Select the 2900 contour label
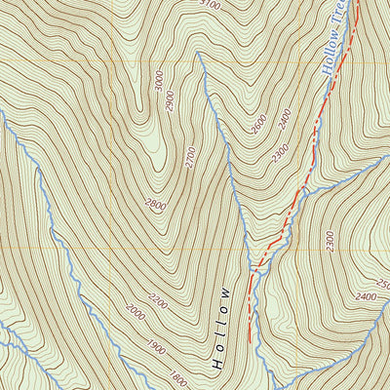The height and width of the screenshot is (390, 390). click(170, 99)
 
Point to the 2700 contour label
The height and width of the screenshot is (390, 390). click(190, 156)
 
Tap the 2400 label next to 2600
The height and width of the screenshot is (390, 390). click(284, 119)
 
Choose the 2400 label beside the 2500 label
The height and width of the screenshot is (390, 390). click(365, 295)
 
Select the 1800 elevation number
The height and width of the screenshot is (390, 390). click(175, 376)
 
